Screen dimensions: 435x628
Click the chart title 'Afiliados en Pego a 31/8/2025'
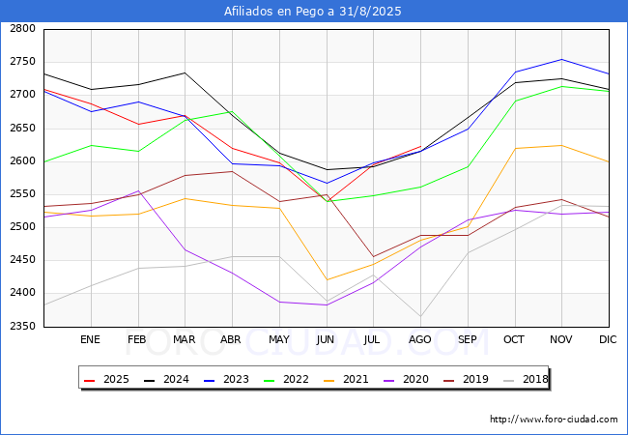(313, 12)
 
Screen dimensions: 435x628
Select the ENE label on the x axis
(90, 340)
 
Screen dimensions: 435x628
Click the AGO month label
(420, 340)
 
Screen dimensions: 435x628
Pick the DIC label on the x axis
(608, 340)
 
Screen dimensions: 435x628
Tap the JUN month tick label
(326, 340)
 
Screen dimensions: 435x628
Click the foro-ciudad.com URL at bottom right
(554, 420)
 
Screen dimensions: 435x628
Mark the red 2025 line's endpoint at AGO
(420, 147)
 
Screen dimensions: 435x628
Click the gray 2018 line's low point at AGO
(420, 316)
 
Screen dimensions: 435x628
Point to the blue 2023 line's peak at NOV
(561, 59)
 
